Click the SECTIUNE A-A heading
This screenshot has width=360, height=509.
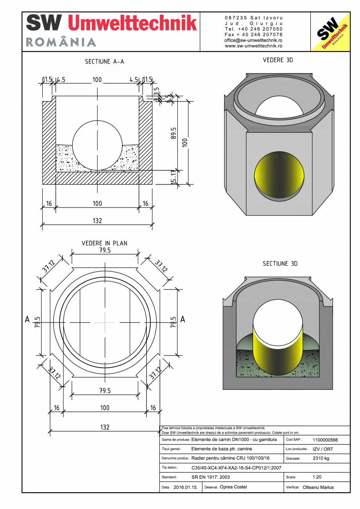point(104,62)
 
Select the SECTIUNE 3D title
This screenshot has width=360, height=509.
point(280,264)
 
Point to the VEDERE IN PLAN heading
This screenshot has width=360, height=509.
point(104,243)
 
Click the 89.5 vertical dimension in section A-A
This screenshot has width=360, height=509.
point(174,133)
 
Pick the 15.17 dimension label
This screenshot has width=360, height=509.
point(174,177)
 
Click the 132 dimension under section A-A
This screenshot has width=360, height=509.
point(97,221)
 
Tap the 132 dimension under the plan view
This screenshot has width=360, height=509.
point(104,427)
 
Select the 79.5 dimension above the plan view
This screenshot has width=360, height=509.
point(104,250)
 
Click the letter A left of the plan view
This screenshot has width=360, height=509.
point(27,320)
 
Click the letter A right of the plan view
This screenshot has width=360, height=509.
point(182,320)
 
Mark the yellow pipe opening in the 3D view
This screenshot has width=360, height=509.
point(279,175)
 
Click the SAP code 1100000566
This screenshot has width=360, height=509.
point(325,440)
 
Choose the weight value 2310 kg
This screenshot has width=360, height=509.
point(320,458)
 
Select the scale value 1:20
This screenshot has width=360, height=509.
point(317,477)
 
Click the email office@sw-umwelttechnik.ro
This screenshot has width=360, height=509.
point(253,40)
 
